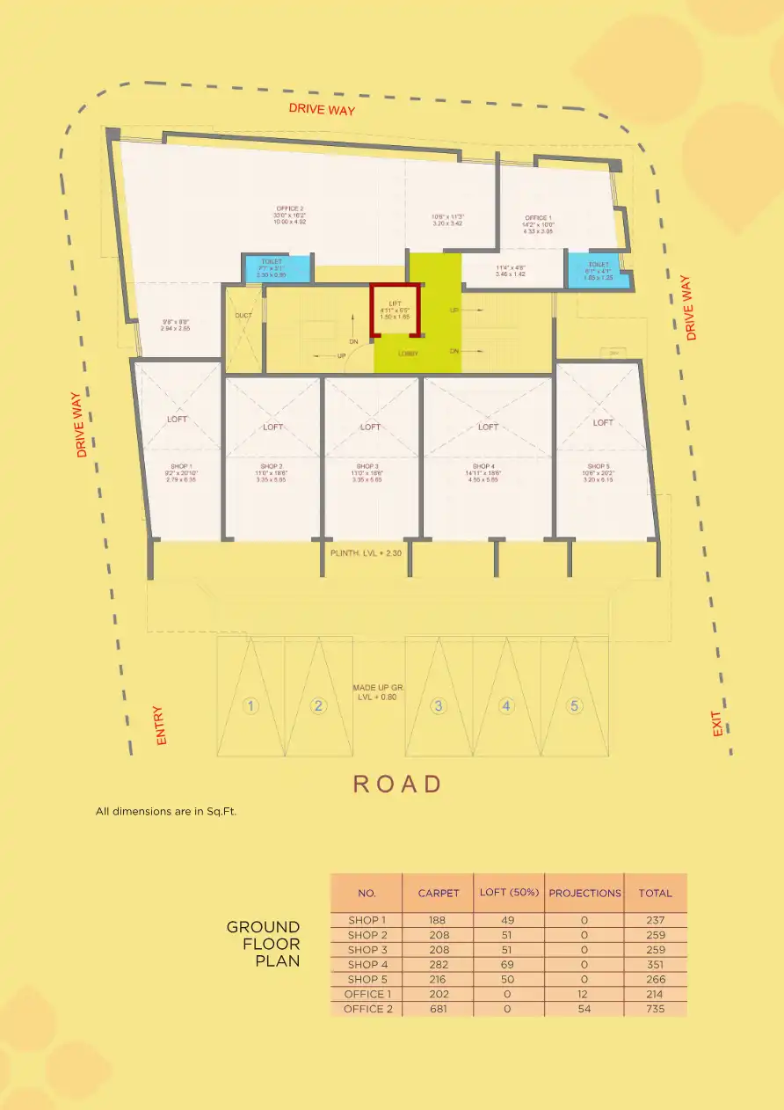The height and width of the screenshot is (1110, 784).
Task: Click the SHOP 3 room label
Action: [x=367, y=466]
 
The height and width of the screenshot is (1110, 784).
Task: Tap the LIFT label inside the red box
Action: [x=395, y=303]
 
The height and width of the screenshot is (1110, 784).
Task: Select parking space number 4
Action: [x=506, y=705]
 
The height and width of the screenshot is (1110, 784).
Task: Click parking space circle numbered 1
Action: [x=251, y=705]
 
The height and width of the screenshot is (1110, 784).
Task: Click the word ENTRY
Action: [x=160, y=726]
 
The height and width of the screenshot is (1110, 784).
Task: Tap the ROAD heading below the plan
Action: [x=397, y=784]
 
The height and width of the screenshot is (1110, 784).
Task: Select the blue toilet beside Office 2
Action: [x=276, y=268]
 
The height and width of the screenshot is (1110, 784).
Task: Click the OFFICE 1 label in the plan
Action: [x=538, y=218]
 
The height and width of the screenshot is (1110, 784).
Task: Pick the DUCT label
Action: [x=243, y=316]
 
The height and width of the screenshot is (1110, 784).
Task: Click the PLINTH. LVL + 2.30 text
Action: [x=366, y=552]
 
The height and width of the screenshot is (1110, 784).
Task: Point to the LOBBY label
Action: [x=408, y=354]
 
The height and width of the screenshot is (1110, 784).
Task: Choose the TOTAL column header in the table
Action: [x=655, y=893]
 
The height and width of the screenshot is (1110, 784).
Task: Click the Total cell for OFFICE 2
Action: [x=655, y=1009]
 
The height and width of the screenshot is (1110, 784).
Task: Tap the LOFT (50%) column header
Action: [x=508, y=893]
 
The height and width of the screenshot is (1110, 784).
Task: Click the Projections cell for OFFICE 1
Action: [x=584, y=994]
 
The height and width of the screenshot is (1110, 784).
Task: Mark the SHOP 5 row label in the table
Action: [x=367, y=979]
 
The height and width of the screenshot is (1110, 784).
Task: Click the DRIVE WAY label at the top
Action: [x=322, y=110]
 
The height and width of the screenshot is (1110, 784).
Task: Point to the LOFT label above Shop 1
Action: [x=178, y=420]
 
